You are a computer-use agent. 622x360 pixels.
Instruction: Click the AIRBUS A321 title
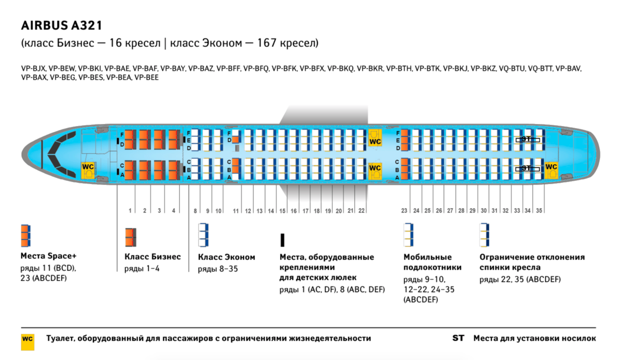(x=61, y=25)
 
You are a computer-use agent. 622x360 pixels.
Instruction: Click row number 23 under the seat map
(x=404, y=211)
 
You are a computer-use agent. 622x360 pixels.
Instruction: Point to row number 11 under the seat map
(x=236, y=211)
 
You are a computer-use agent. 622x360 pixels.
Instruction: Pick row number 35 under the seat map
(x=539, y=211)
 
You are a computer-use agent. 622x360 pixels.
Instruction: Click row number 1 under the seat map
(x=130, y=211)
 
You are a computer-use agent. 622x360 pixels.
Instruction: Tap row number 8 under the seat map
(x=195, y=211)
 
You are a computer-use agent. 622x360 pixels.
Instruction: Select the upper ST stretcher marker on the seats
(x=527, y=139)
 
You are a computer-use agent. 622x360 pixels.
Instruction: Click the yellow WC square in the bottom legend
(x=27, y=339)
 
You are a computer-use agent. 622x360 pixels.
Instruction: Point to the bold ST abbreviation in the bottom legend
(x=458, y=338)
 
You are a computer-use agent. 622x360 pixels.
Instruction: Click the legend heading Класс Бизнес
(x=153, y=257)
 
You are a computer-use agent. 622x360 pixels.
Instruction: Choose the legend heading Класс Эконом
(x=227, y=257)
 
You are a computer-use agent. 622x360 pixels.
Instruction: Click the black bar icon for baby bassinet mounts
(x=282, y=239)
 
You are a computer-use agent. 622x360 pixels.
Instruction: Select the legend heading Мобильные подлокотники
(x=428, y=262)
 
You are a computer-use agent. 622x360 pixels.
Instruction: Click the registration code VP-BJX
(x=34, y=68)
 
